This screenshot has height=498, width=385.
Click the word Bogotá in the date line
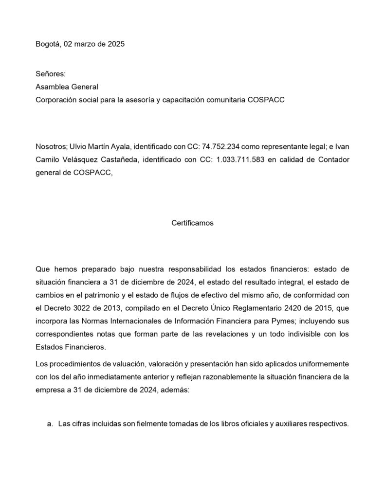coord(48,44)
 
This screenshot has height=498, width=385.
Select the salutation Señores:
coord(50,74)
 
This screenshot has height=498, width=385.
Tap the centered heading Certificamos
coord(192,223)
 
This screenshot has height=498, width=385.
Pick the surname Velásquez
coord(80,159)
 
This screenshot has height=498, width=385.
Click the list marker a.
coord(50,424)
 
